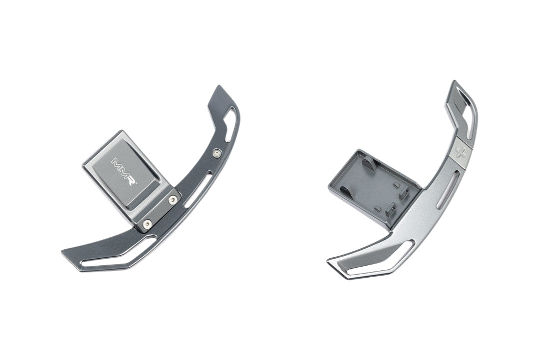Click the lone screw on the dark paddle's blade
click(217, 153)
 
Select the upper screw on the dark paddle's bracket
click(173, 200)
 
